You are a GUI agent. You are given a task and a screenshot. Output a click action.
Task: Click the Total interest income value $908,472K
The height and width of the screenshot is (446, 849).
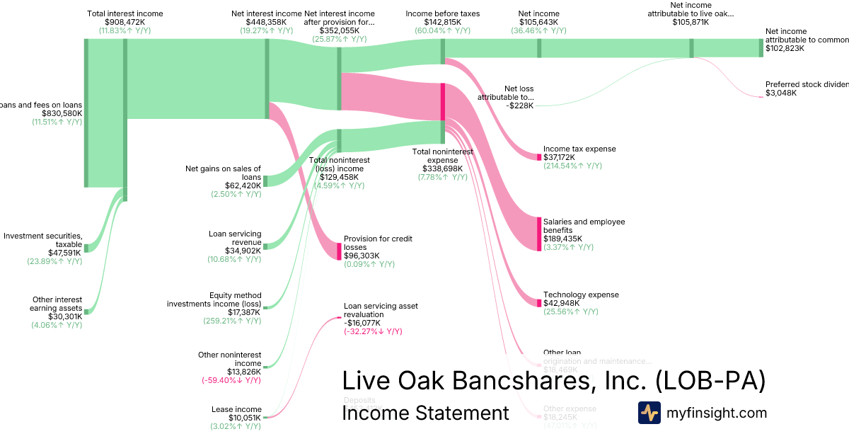125,22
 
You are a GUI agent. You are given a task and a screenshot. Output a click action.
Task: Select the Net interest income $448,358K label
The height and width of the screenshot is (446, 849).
267,13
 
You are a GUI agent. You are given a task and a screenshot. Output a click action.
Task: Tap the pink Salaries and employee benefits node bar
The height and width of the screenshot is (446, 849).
538,233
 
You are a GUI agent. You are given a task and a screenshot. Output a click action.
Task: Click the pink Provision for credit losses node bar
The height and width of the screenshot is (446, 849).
339,251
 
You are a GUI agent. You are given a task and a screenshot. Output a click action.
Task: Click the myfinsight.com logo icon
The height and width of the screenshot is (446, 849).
649,413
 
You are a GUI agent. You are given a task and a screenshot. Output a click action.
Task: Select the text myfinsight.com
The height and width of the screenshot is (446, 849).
716,413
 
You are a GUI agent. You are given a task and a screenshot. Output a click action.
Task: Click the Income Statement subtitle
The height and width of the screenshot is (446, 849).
425,413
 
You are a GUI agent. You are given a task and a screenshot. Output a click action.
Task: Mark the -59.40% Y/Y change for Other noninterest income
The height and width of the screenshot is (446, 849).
231,380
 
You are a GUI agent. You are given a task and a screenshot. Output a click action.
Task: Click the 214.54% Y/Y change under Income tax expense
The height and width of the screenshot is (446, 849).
572,166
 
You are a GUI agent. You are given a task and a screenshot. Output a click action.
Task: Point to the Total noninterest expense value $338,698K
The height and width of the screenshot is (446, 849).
442,168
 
